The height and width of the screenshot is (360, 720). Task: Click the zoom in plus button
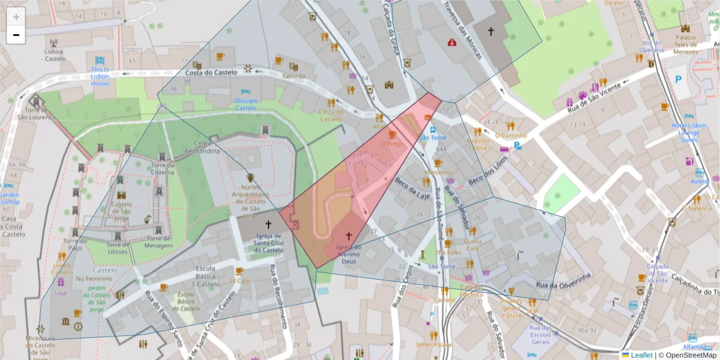16,17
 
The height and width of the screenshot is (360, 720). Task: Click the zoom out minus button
16,35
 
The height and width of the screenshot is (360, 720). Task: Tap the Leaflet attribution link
641,355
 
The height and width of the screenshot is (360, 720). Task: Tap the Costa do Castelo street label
211,72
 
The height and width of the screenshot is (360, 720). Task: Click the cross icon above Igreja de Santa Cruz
268,222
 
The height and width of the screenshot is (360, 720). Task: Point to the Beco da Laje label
413,193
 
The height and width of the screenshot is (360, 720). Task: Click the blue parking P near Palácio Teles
679,79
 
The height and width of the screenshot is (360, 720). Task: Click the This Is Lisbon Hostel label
100,76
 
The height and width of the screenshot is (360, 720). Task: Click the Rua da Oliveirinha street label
564,280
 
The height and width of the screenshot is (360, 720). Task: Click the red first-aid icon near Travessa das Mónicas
452,42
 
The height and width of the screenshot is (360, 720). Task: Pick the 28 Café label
239,280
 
